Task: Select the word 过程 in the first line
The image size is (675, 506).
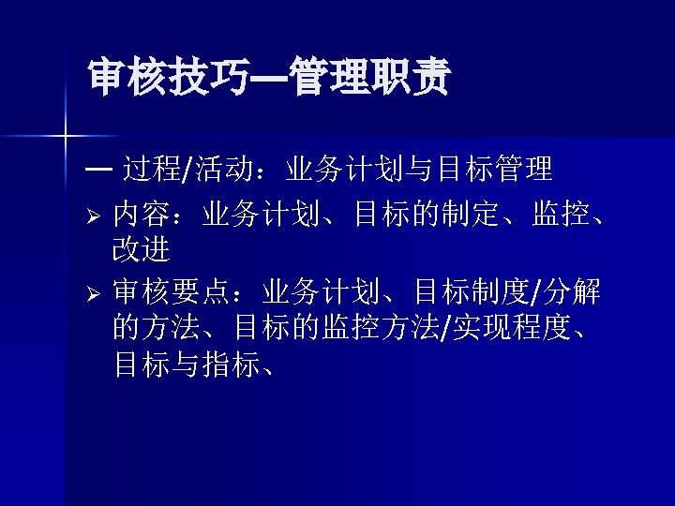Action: coord(152,170)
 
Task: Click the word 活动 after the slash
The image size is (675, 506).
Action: coord(225,170)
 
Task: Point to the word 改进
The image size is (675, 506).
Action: coord(142,250)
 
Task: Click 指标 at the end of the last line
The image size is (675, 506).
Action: coord(229,364)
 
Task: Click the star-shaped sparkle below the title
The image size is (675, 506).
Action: coord(64,137)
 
